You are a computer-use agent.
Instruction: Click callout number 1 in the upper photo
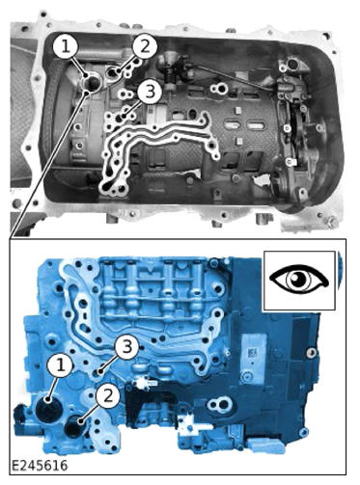(x=66, y=46)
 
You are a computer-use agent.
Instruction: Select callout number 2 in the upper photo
(x=145, y=46)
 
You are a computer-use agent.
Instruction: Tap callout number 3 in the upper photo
(x=150, y=92)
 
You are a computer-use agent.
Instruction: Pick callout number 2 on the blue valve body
(x=108, y=395)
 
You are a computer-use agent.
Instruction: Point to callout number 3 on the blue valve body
(x=127, y=347)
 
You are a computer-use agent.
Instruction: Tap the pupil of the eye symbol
(x=296, y=279)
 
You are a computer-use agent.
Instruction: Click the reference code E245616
(x=40, y=466)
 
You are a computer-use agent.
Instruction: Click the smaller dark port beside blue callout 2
(x=73, y=426)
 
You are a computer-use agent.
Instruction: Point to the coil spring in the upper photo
(x=170, y=77)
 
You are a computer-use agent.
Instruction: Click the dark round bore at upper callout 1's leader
(x=93, y=83)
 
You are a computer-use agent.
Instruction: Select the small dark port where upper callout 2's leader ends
(x=113, y=72)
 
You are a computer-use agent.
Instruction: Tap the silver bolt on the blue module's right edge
(x=310, y=353)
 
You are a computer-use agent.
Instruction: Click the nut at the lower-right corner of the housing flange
(x=331, y=222)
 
